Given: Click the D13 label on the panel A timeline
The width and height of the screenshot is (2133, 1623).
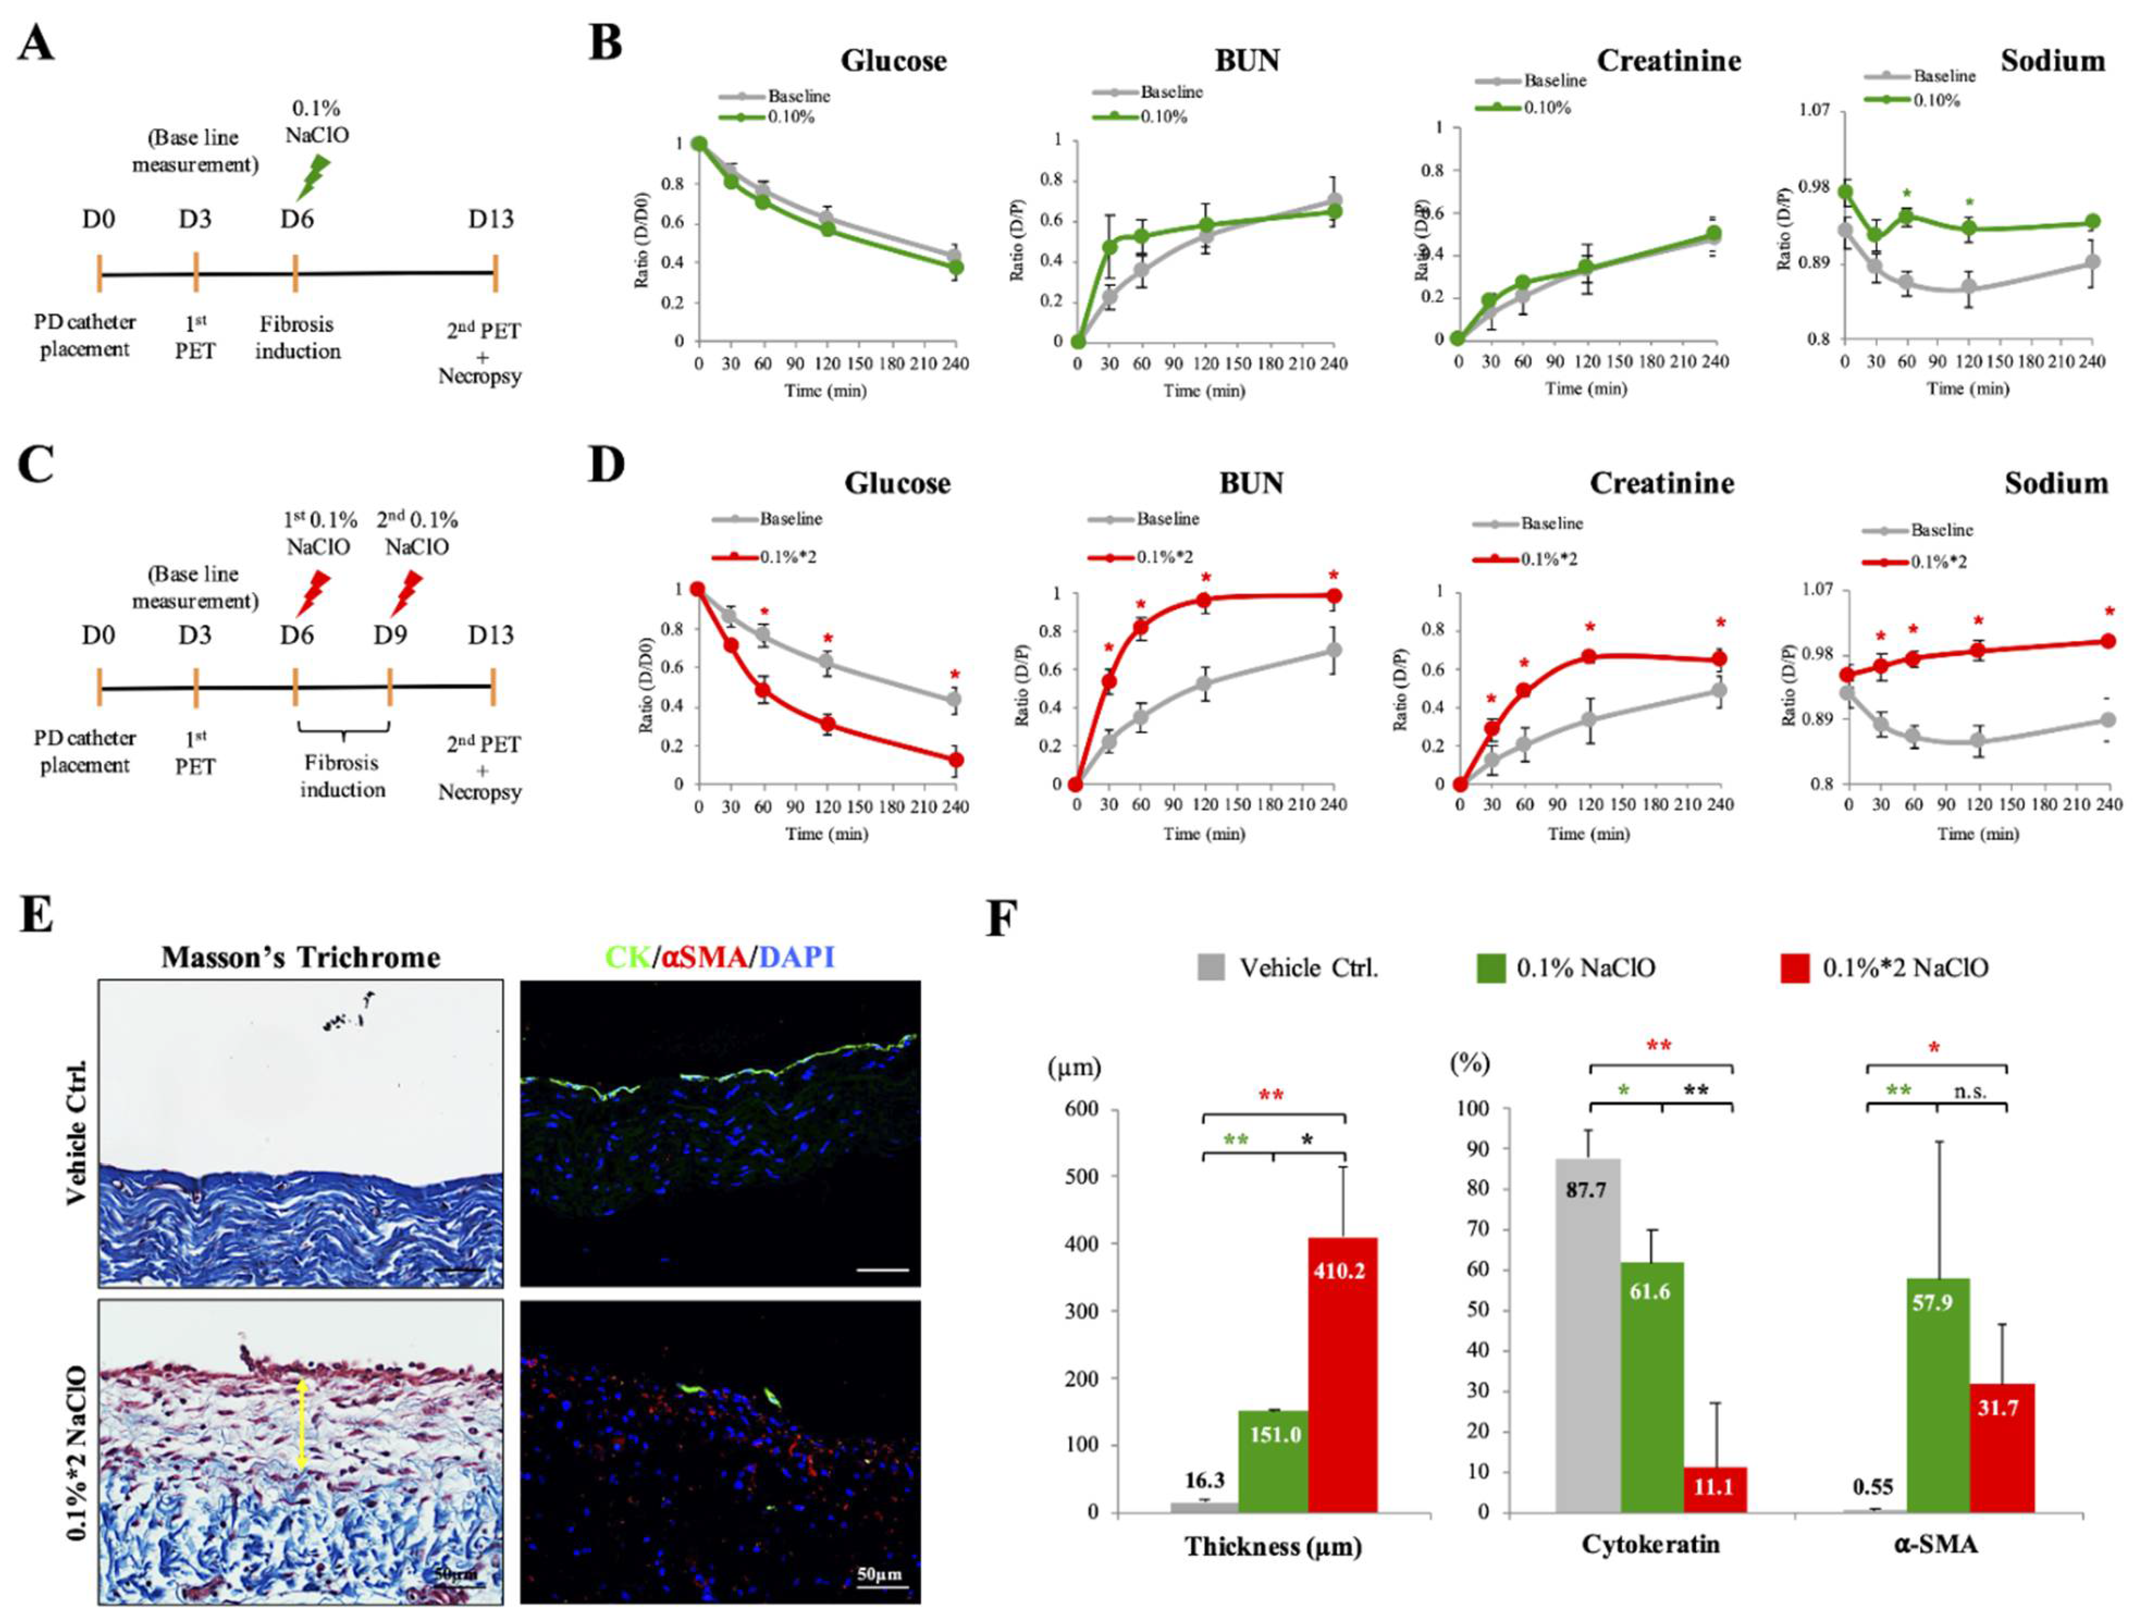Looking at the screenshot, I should pos(491,219).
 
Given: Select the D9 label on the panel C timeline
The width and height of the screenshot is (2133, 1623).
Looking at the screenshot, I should pos(390,635).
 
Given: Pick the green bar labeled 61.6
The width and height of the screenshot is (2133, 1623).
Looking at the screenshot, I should pos(1652,1386).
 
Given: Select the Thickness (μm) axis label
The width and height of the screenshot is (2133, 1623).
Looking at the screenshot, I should pos(1273,1546).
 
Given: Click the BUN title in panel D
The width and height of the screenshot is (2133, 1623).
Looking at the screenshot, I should pos(1251,483).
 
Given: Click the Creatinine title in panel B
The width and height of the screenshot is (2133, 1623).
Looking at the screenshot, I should pos(1668,61).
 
